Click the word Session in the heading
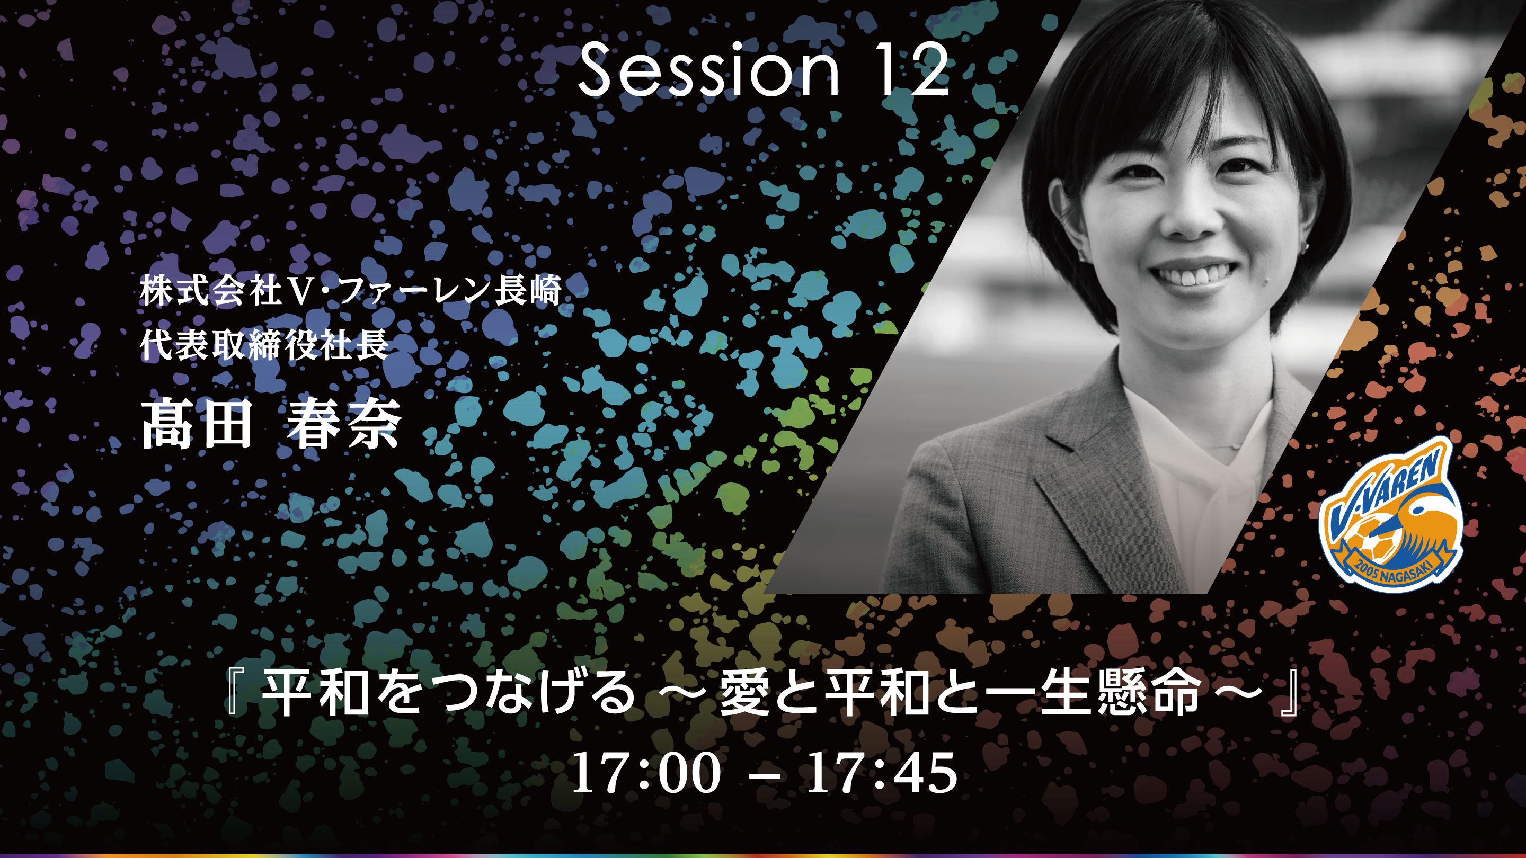pyautogui.click(x=708, y=70)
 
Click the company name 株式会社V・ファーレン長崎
pyautogui.click(x=350, y=291)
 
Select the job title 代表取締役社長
pyautogui.click(x=264, y=345)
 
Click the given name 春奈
pyautogui.click(x=343, y=424)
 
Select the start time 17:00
pyautogui.click(x=646, y=773)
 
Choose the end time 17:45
pyautogui.click(x=882, y=773)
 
